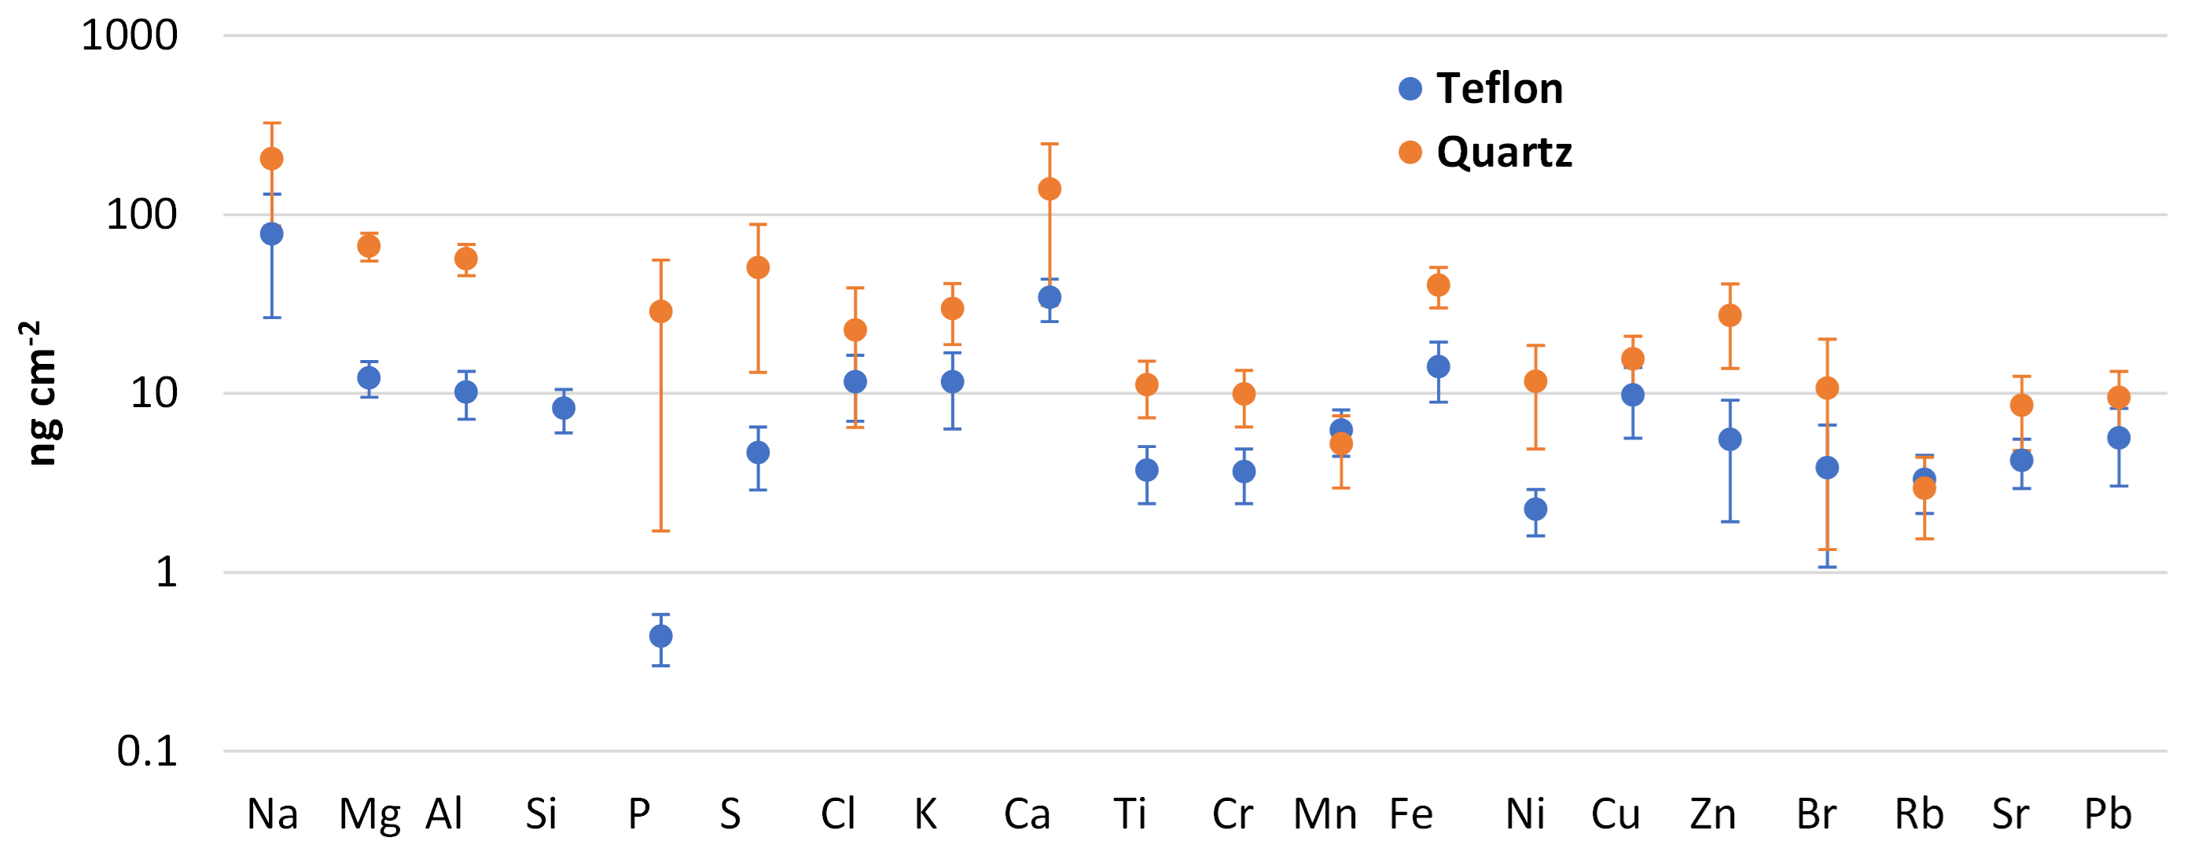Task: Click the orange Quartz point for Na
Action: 272,159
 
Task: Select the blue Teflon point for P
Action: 660,636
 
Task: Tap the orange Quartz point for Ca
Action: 1049,189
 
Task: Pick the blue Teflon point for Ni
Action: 1535,509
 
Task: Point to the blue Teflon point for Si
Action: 564,409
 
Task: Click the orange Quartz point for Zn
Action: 1729,316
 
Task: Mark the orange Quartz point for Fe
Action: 1438,285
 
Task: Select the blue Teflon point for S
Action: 758,453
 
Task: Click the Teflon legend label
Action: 1499,88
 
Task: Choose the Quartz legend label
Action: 1505,152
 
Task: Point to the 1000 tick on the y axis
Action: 129,35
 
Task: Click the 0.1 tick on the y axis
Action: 147,751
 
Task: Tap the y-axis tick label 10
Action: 153,393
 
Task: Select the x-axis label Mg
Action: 369,815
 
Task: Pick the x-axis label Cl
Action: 837,814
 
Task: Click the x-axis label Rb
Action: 1919,814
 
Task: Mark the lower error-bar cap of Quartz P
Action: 660,531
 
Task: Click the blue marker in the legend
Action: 1410,88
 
